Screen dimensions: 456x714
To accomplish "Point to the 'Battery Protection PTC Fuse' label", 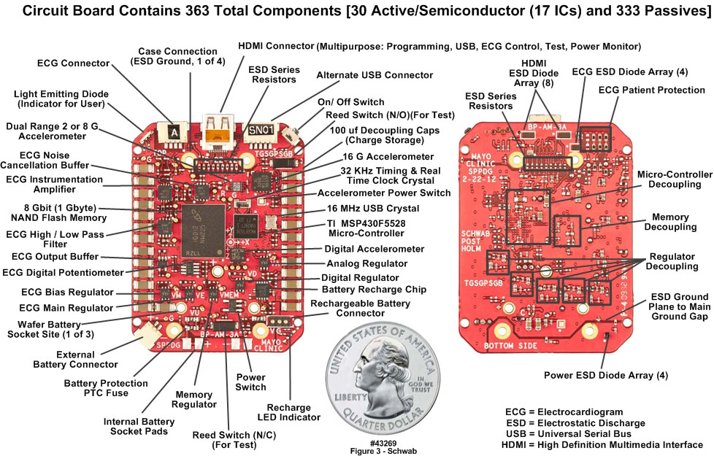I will tap(106, 387).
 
